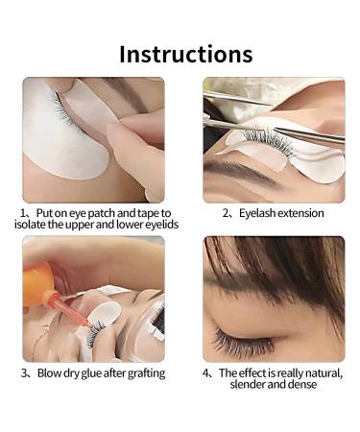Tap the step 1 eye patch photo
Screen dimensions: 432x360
coord(93,139)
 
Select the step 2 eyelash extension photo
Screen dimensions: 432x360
coord(274,139)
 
